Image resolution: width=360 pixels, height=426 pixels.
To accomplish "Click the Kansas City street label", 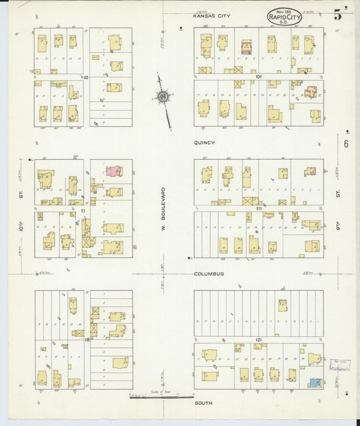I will click(212, 16).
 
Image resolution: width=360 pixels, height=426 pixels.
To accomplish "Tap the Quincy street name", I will click(204, 142).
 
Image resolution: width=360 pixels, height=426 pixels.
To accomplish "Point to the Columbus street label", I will click(208, 274).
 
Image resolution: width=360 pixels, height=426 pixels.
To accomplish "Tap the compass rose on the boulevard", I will click(163, 99).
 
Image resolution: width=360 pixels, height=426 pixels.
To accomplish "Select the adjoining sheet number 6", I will click(345, 144).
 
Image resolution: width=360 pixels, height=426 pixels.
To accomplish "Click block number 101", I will click(259, 77).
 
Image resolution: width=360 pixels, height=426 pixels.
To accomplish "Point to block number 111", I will click(259, 210).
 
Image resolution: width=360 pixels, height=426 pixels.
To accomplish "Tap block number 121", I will click(259, 339).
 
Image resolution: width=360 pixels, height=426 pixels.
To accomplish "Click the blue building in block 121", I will click(315, 382).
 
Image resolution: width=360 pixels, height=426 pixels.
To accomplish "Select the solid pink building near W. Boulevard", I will click(114, 171).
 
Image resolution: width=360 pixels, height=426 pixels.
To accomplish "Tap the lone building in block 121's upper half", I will click(282, 305).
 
